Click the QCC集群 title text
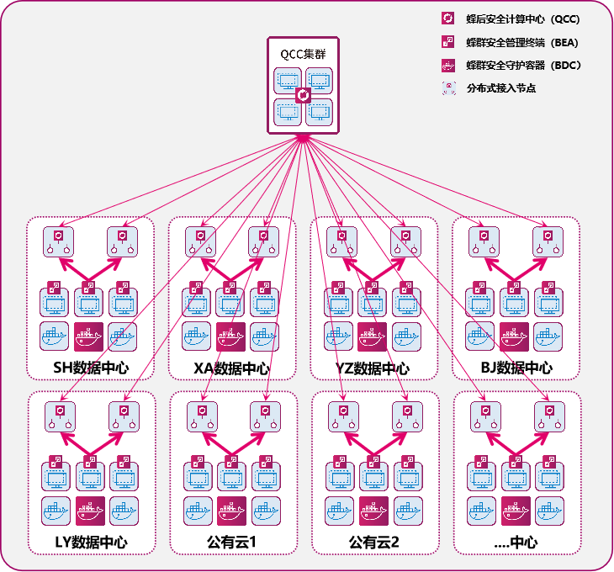click(x=303, y=54)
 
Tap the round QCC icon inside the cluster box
click(x=303, y=95)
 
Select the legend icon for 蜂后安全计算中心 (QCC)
click(x=448, y=19)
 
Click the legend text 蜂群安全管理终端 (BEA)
click(x=522, y=42)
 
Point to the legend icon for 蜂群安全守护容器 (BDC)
click(x=448, y=66)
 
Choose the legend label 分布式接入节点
click(x=500, y=88)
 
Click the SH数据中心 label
click(x=91, y=368)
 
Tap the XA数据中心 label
click(x=232, y=368)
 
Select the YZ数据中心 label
click(x=373, y=368)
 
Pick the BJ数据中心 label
click(x=516, y=368)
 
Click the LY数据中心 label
click(x=91, y=543)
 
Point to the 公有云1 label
click(x=231, y=543)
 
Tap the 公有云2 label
click(x=374, y=543)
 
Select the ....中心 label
click(x=516, y=543)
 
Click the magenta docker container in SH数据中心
click(x=89, y=336)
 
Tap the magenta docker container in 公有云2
click(x=373, y=511)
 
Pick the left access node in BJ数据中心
click(x=484, y=242)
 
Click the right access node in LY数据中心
click(x=124, y=416)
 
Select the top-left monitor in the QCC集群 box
click(x=288, y=81)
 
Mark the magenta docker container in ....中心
click(x=516, y=511)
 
